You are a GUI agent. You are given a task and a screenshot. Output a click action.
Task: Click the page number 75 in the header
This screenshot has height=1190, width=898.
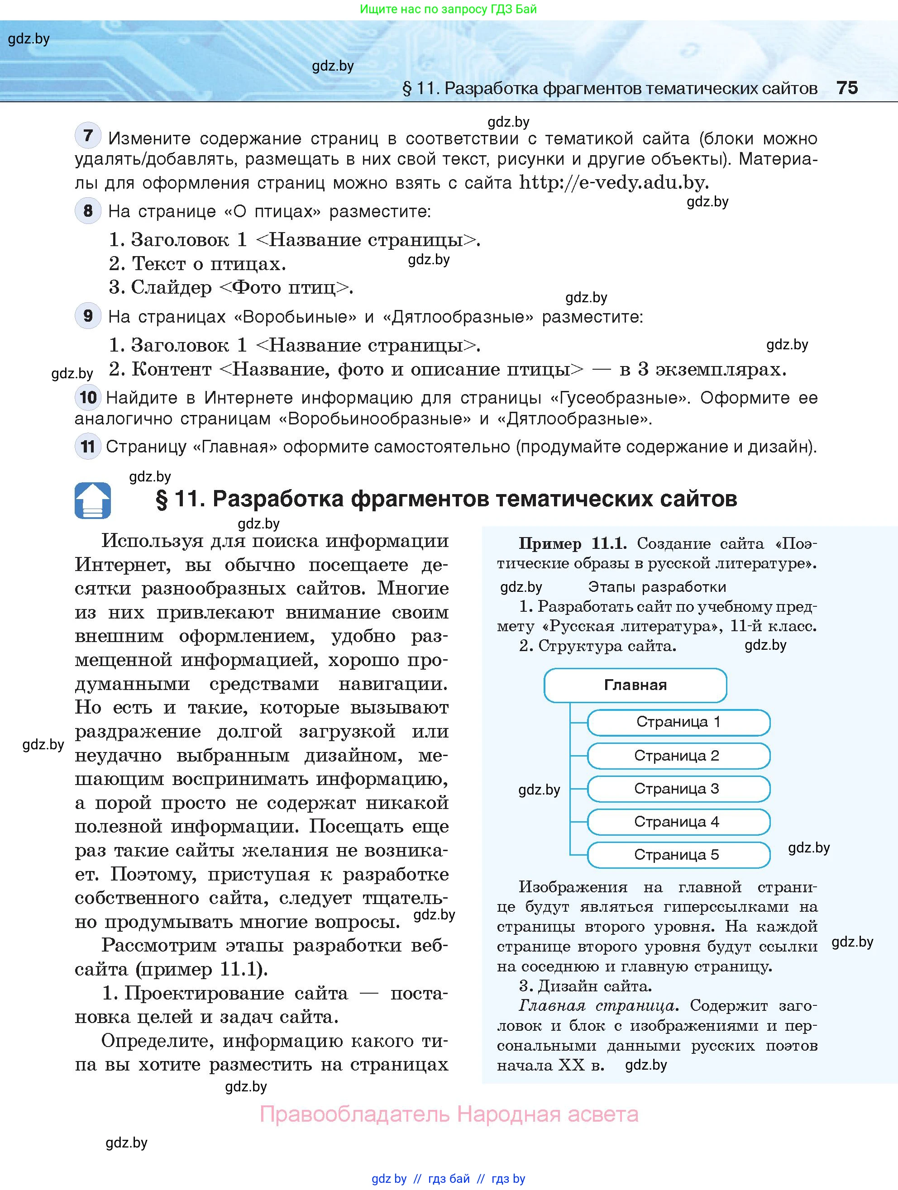(x=847, y=88)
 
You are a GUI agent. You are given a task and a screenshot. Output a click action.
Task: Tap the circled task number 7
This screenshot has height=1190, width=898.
(x=88, y=136)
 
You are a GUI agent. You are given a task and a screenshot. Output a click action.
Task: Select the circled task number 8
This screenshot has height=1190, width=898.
(x=88, y=211)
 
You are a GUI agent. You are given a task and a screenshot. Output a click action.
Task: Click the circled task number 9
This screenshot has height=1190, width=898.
(x=88, y=316)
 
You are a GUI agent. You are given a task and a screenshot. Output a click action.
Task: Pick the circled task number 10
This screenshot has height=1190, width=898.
(x=88, y=398)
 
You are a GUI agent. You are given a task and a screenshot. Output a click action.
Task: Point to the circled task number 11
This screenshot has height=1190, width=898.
(x=88, y=447)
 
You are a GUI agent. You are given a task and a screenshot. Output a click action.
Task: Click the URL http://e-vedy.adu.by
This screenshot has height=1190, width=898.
(x=613, y=183)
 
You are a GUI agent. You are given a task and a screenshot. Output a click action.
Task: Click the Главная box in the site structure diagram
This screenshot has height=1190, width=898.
(x=635, y=685)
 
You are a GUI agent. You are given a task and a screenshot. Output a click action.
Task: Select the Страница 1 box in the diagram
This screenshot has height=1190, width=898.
(x=678, y=722)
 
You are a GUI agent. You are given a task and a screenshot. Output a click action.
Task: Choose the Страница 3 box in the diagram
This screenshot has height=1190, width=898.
(x=678, y=789)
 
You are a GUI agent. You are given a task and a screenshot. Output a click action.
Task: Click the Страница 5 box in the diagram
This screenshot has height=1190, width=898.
(x=678, y=855)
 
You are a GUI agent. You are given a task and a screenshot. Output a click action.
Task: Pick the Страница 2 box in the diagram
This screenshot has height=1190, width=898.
(x=678, y=755)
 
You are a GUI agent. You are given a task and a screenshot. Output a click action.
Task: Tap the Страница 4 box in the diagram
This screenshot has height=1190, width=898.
(x=678, y=822)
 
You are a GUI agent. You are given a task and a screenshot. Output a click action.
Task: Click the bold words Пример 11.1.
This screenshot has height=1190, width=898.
(x=572, y=543)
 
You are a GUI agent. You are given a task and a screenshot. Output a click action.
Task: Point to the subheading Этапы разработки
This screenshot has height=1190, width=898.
(x=656, y=586)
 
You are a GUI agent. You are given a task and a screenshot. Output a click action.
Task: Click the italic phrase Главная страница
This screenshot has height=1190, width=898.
(x=597, y=1005)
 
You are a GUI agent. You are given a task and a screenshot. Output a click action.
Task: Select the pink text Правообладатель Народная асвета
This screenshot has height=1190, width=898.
(x=449, y=1114)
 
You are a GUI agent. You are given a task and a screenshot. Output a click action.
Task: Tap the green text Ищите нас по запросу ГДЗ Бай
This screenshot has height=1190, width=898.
(x=448, y=9)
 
